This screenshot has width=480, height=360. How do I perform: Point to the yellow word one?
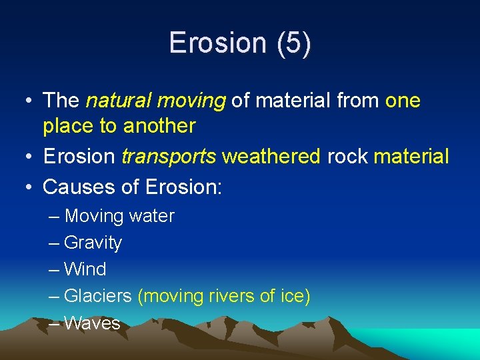pos(403,101)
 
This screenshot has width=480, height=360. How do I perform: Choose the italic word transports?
pos(169,157)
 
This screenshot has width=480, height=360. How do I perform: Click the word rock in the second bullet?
pos(348,157)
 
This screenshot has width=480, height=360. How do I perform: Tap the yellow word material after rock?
pos(411,157)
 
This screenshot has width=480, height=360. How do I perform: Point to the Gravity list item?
pos(93,243)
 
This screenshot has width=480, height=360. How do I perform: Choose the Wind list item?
pos(85,269)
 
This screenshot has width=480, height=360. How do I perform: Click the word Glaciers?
pos(98,296)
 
